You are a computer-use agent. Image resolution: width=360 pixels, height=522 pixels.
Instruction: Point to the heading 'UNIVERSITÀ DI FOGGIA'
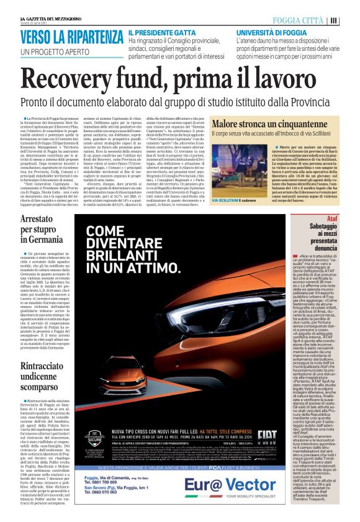coord(268,32)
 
